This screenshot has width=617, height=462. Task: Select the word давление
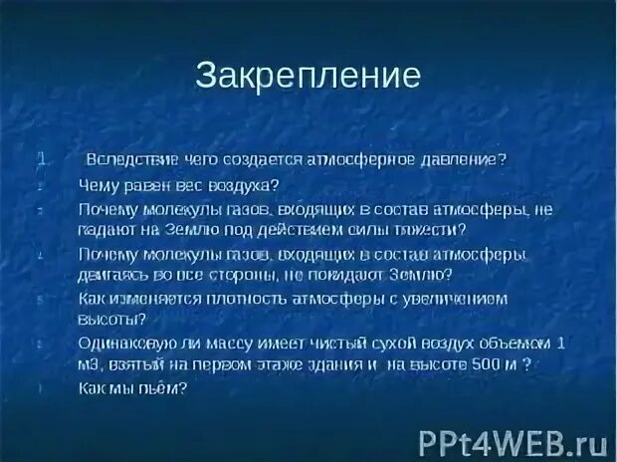click(x=465, y=159)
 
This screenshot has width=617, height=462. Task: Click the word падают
click(x=104, y=228)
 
